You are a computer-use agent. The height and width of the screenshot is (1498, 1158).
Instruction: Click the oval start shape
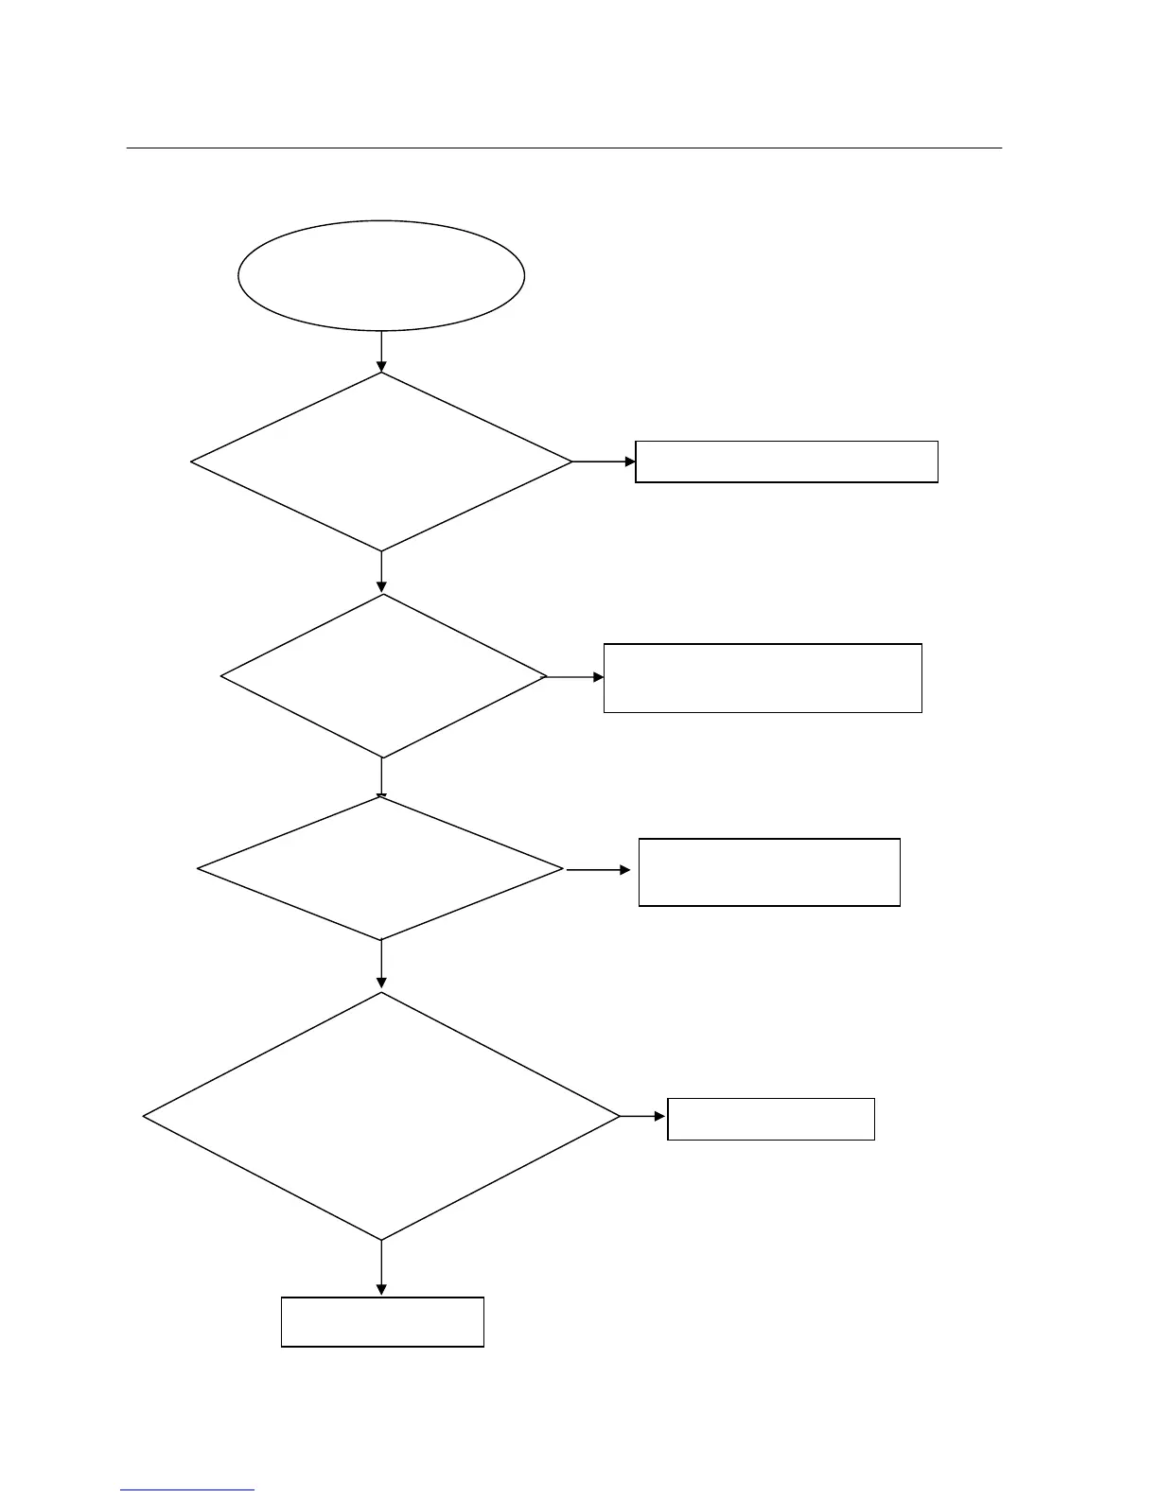(x=381, y=275)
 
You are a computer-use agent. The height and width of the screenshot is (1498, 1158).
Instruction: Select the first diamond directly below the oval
(x=381, y=462)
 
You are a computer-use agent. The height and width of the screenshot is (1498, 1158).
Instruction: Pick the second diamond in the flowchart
(x=383, y=676)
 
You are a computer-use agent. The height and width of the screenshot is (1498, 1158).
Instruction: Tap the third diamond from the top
(x=380, y=868)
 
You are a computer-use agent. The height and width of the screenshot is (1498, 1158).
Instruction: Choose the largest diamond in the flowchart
(x=381, y=1116)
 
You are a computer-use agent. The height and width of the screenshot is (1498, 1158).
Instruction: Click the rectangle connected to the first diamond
(x=786, y=462)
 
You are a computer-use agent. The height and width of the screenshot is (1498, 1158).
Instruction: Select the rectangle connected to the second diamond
(x=763, y=678)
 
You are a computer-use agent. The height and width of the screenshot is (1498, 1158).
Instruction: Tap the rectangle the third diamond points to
(x=769, y=872)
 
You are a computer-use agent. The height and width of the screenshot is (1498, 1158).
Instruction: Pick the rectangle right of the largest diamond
(x=771, y=1119)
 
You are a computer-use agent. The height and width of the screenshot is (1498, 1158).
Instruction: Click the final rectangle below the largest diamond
(x=382, y=1321)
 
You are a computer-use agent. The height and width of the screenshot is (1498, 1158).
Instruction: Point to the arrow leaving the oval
(x=381, y=351)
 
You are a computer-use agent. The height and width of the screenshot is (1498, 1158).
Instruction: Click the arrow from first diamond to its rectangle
(x=604, y=462)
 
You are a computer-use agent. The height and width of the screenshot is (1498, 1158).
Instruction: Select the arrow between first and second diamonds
(x=381, y=572)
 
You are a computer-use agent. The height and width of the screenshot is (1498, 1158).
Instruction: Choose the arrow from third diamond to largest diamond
(x=381, y=965)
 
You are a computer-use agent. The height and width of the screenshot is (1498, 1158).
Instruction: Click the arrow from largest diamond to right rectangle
(x=643, y=1116)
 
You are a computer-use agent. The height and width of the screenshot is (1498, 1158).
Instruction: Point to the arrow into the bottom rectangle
(x=381, y=1268)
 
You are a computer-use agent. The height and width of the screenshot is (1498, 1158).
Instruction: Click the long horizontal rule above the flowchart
(x=564, y=148)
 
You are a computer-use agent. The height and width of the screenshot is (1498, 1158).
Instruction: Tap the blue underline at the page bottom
(x=187, y=1490)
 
